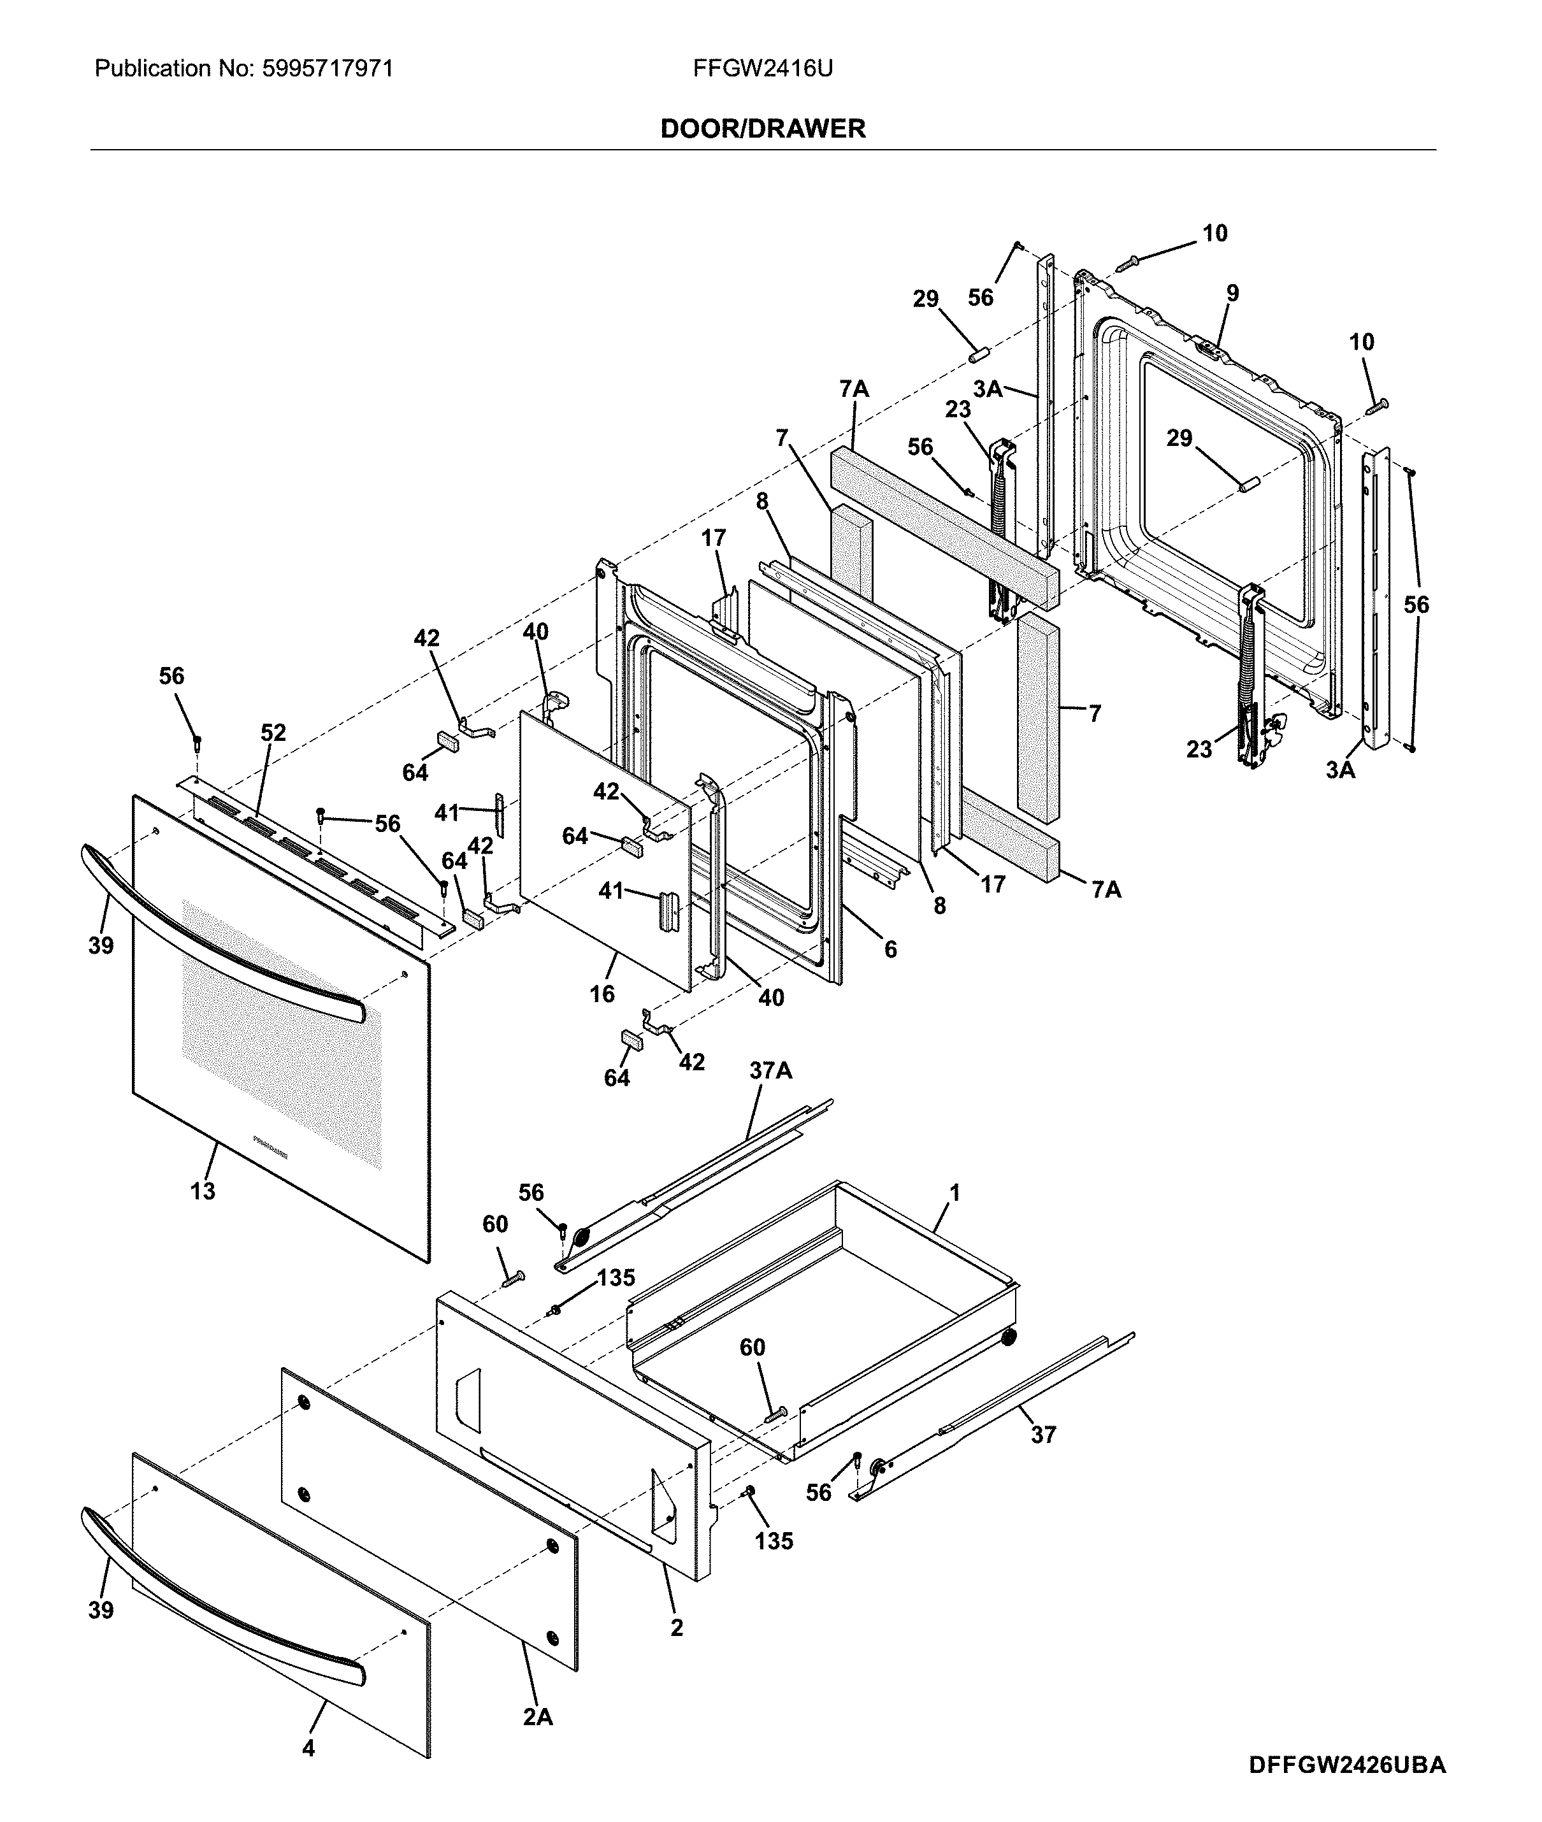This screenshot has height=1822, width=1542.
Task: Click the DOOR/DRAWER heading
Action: (x=762, y=129)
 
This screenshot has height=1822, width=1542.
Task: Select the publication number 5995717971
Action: (x=327, y=68)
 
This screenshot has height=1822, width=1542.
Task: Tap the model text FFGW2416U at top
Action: (x=762, y=68)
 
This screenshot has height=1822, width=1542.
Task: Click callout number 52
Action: (x=273, y=732)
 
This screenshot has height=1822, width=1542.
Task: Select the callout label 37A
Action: (x=770, y=1070)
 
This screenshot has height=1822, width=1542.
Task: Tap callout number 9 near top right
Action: (x=1232, y=293)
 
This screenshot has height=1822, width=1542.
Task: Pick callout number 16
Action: (x=602, y=994)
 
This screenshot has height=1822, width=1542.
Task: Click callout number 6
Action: (x=890, y=949)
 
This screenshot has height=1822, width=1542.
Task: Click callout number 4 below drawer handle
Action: (x=308, y=1772)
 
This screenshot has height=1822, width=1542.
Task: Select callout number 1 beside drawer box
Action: (x=955, y=1193)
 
